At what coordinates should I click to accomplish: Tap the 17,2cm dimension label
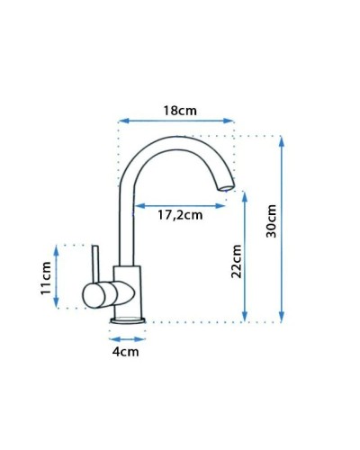tap(180, 215)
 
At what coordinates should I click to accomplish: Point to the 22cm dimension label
tap(237, 262)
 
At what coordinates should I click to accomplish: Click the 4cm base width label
tap(126, 352)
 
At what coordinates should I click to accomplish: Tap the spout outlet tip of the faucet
tap(224, 188)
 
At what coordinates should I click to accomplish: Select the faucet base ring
tap(127, 319)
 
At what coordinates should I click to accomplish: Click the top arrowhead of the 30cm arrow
tap(282, 139)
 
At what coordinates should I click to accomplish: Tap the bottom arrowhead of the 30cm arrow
tap(282, 318)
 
